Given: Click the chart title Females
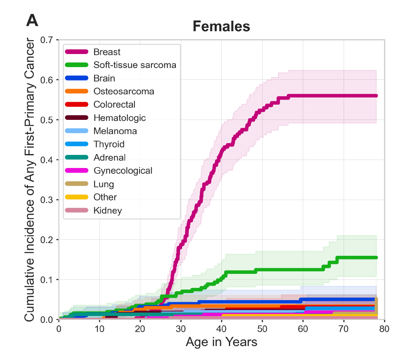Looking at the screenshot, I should click(x=221, y=27).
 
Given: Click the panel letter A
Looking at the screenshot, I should click(x=32, y=20).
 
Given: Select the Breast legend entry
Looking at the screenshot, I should click(x=107, y=52).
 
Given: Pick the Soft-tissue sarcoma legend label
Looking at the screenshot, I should click(x=134, y=65).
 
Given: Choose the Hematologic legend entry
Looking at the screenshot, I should click(x=119, y=118).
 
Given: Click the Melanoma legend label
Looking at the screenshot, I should click(x=115, y=131).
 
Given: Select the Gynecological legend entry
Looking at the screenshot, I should click(x=123, y=171).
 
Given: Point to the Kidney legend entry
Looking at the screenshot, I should click(x=108, y=210).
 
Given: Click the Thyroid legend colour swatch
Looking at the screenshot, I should click(x=76, y=144).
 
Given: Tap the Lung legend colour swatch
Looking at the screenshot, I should click(x=76, y=184).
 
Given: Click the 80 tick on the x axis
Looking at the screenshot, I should click(x=384, y=328).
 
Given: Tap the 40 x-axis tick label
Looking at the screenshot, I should click(x=221, y=328).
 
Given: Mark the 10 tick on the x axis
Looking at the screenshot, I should click(x=99, y=328).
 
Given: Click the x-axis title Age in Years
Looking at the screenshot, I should click(x=221, y=341).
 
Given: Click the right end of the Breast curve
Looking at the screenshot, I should click(x=376, y=96).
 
